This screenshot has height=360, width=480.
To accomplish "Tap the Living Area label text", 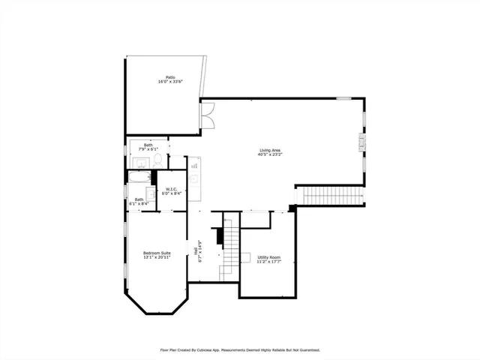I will (x=271, y=151).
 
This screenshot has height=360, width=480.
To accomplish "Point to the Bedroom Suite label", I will (x=157, y=253).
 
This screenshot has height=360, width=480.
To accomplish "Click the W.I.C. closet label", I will (x=171, y=188).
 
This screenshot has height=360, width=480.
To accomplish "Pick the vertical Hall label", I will (x=196, y=253).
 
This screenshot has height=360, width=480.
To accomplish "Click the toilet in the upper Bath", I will (x=157, y=160).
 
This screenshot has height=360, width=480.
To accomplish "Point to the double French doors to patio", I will (x=207, y=115).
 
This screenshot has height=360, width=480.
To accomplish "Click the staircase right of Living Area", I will (x=333, y=196).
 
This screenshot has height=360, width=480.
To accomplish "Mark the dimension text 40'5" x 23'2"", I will (x=271, y=155).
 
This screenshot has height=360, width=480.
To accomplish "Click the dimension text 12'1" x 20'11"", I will (x=157, y=257).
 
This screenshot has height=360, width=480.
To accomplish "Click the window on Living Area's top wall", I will (x=343, y=97).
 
